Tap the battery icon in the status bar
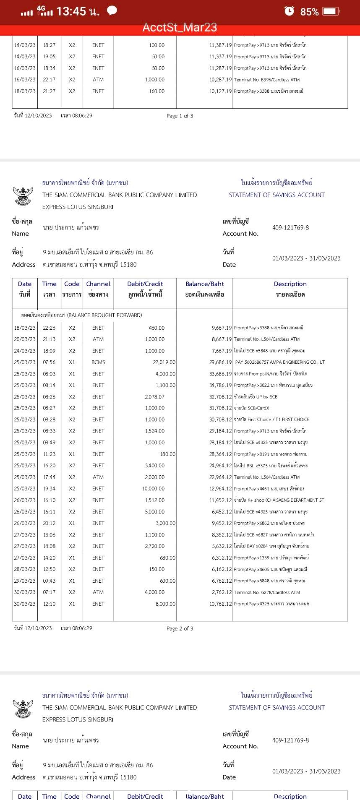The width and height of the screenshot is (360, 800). click(331, 11)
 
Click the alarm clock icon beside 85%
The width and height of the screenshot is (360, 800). click(289, 11)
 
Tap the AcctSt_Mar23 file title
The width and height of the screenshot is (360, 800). click(180, 28)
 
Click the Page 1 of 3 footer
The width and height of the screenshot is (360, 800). click(180, 116)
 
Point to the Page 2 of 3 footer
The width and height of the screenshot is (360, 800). click(180, 628)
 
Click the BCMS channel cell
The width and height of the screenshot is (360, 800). click(98, 362)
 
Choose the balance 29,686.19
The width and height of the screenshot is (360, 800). click(220, 362)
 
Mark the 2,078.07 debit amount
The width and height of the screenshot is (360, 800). click(155, 396)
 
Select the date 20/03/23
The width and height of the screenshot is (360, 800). click(25, 339)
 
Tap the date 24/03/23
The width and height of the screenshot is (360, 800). click(25, 351)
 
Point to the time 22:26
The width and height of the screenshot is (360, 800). click(49, 328)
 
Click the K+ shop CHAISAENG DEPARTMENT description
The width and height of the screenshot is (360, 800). click(279, 500)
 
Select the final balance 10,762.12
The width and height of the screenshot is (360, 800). click(220, 604)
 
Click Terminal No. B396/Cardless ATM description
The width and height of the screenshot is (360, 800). click(267, 80)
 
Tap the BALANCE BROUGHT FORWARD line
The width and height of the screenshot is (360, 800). click(81, 315)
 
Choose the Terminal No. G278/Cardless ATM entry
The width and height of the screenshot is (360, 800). click(267, 592)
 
